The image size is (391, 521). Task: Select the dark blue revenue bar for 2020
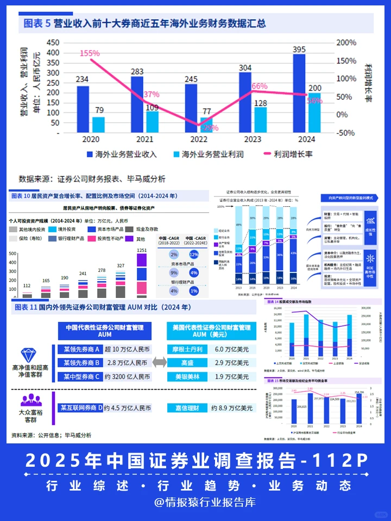pos(83,109)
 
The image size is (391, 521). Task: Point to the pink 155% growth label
pos(90,53)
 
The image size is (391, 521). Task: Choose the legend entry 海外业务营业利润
pos(212,155)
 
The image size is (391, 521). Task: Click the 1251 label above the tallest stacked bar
pos(142,250)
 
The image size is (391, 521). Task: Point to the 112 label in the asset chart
pos(27,285)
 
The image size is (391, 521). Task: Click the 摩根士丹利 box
pos(186,350)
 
